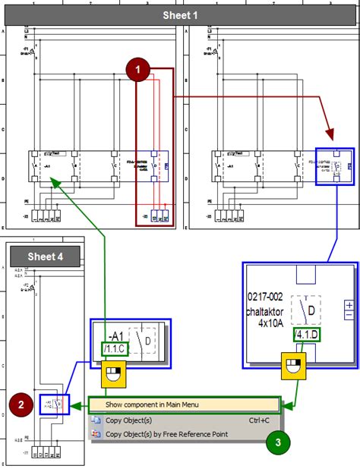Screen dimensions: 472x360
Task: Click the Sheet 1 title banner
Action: click(x=180, y=15)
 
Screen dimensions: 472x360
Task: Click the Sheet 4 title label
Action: click(x=46, y=256)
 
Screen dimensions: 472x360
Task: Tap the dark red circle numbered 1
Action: click(x=137, y=70)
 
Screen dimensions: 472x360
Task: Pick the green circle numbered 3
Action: click(x=278, y=440)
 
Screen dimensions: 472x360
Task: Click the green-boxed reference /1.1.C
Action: click(x=118, y=349)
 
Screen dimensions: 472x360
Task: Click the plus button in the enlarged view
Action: click(x=349, y=305)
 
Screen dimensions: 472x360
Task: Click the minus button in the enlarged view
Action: click(x=349, y=315)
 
